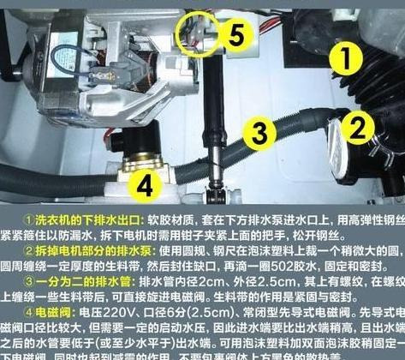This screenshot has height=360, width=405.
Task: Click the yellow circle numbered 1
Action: [x=342, y=59]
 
